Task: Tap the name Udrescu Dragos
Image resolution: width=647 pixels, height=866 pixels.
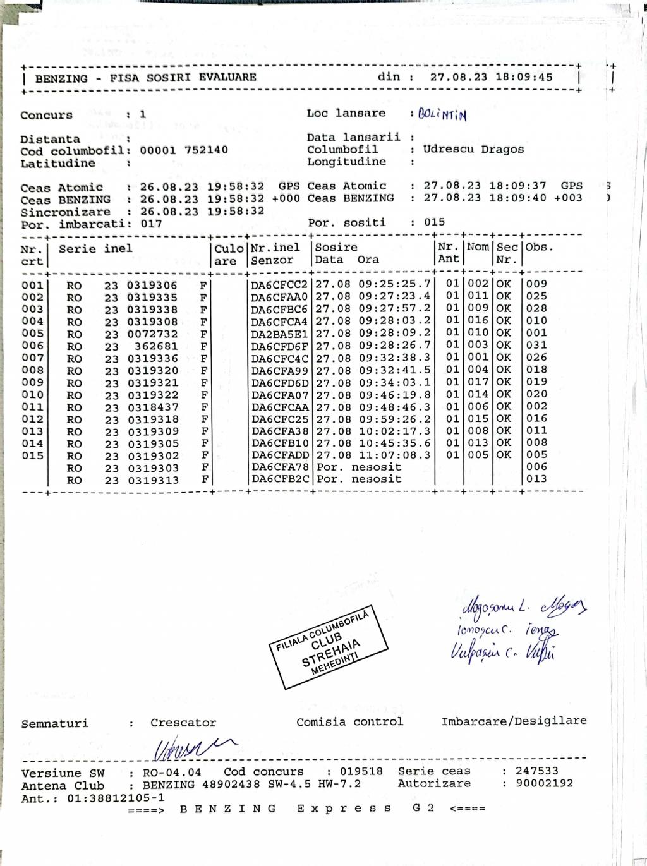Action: (473, 150)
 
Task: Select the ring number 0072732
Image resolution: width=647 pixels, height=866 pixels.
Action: (152, 334)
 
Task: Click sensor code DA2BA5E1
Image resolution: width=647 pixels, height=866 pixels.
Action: (279, 334)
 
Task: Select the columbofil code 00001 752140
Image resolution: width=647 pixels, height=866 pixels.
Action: (184, 150)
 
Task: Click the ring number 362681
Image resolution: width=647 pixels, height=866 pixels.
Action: (156, 346)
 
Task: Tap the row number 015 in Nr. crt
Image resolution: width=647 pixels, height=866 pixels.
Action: (33, 455)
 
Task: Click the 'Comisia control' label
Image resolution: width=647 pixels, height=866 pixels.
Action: (349, 721)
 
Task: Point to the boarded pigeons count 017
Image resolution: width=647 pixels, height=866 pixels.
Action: (151, 224)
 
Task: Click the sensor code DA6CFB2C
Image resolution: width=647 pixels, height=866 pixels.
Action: (279, 479)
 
